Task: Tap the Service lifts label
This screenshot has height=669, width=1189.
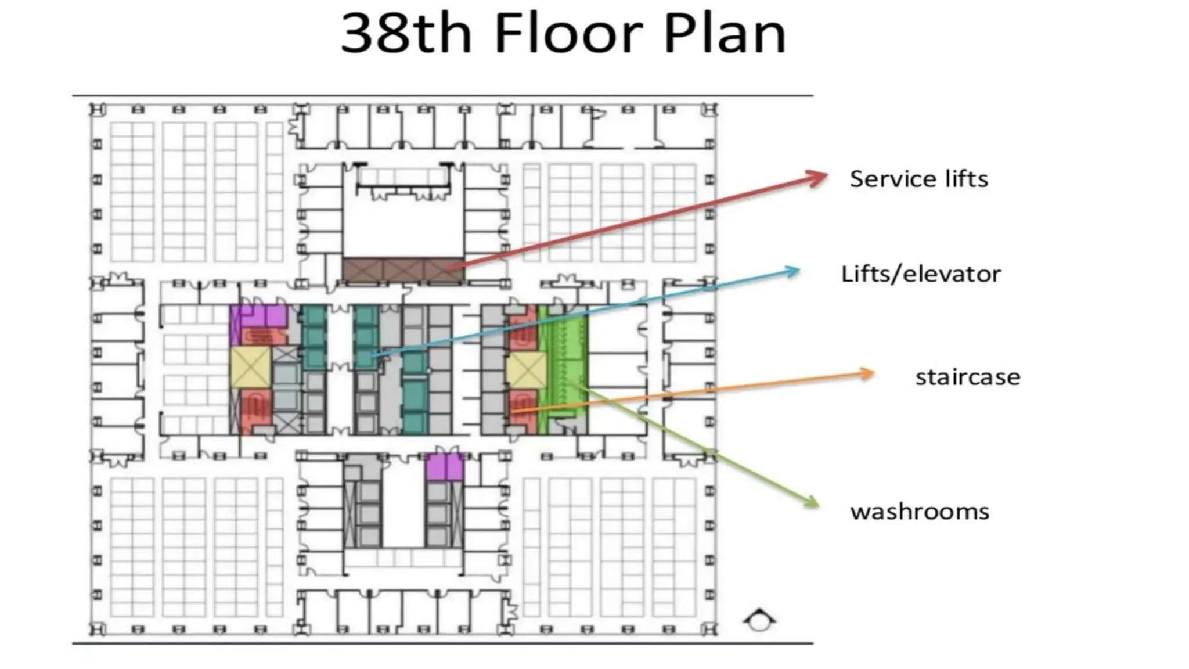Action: click(918, 179)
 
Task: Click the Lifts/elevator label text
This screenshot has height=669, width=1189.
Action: click(921, 274)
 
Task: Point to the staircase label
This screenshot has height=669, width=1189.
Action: click(967, 377)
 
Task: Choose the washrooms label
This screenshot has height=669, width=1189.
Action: click(920, 512)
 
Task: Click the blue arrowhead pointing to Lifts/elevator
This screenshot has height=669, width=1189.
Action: click(792, 271)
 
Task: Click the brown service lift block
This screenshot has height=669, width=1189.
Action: click(403, 271)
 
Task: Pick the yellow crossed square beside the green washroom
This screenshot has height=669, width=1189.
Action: click(526, 370)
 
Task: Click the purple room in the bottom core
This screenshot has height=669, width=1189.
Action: click(444, 468)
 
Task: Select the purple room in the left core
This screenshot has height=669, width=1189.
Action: click(258, 316)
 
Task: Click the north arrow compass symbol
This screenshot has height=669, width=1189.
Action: click(759, 620)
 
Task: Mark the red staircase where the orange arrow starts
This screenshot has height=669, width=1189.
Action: click(523, 407)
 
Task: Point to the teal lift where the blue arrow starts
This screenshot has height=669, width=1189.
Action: click(366, 354)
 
